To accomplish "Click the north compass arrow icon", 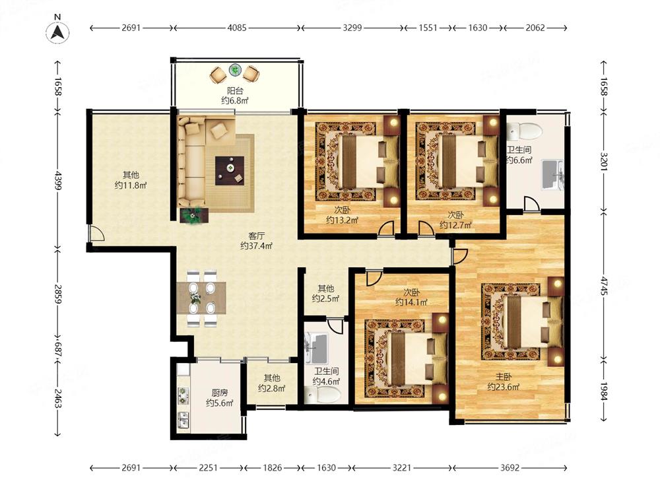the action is (57, 32).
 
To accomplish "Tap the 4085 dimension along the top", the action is (237, 28).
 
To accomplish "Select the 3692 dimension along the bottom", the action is (510, 468).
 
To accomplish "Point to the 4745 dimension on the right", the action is (604, 286).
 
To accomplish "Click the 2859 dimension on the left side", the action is (57, 294).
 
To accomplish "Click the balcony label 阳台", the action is (235, 90).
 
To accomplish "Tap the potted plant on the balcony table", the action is (235, 70).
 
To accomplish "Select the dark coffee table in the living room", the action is (230, 170).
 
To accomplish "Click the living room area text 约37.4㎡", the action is (256, 246).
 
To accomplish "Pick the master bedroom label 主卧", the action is (503, 377).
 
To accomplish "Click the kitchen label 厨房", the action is (219, 393).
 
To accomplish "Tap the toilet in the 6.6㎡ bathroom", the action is (524, 131).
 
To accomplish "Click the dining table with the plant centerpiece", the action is (201, 298).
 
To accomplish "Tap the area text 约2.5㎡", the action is (325, 299).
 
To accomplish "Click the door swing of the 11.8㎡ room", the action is (96, 233).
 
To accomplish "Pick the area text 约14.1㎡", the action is (411, 302).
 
